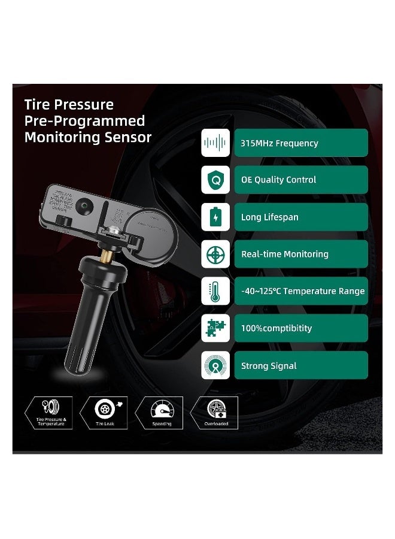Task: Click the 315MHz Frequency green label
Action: (x=300, y=143)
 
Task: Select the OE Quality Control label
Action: (x=300, y=180)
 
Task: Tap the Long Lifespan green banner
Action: (x=300, y=217)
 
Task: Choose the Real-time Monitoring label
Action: (x=300, y=254)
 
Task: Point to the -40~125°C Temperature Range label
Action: (x=300, y=291)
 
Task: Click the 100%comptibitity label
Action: (x=300, y=328)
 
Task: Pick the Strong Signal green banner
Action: (x=300, y=365)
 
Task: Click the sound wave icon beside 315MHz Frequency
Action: (x=215, y=143)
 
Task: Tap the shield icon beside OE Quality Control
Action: (x=215, y=180)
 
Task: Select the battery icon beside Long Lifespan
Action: (x=215, y=217)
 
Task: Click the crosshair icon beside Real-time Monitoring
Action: (x=215, y=254)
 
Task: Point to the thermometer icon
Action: (x=215, y=291)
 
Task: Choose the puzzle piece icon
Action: (x=215, y=328)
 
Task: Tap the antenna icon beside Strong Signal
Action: (x=215, y=365)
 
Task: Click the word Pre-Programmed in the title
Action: (x=84, y=121)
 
